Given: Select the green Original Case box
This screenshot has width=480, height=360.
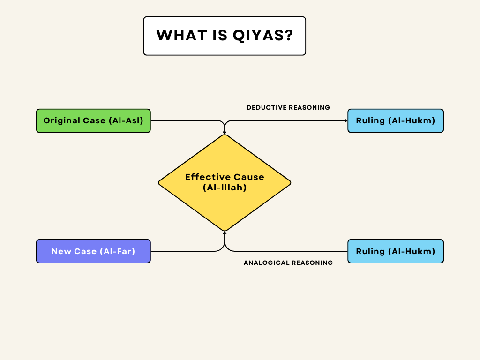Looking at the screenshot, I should click(93, 121).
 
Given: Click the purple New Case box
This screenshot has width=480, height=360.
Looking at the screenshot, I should click(93, 251).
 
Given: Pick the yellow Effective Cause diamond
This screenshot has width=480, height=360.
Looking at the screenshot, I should click(225, 182).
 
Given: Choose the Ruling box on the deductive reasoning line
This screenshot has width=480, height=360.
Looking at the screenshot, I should click(395, 121).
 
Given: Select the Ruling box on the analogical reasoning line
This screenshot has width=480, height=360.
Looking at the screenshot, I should click(395, 251).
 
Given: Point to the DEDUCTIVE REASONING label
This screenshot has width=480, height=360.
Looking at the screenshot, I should click(288, 108).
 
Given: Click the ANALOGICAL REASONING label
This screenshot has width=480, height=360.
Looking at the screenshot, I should click(288, 263).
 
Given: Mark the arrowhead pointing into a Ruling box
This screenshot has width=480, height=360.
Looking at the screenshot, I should click(345, 121).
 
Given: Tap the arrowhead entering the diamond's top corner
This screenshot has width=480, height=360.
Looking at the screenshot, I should click(225, 133).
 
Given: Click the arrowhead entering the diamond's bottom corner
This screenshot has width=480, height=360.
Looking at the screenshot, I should click(225, 232).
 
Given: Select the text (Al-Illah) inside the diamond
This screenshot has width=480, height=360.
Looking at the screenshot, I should click(225, 187).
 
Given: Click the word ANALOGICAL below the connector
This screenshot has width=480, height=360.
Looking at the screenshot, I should click(266, 263).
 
